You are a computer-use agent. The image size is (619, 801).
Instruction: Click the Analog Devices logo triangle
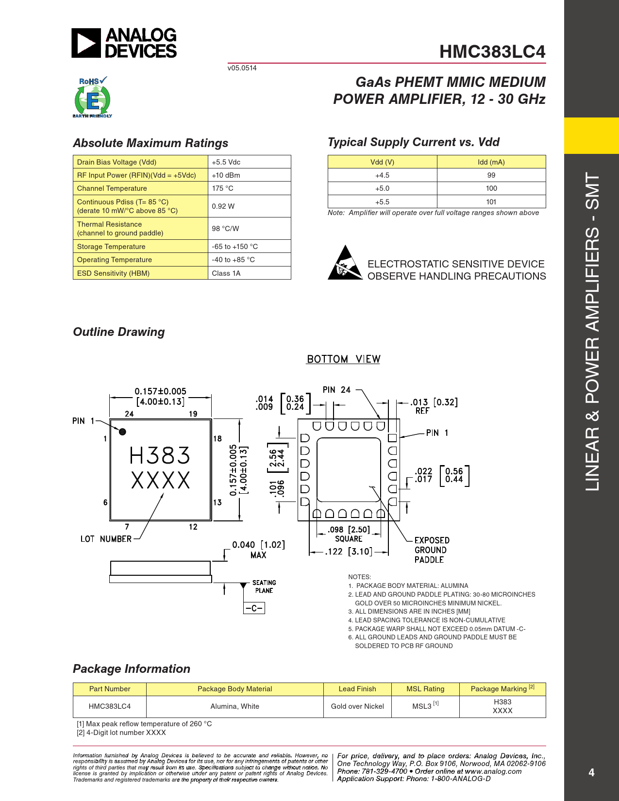[86, 43]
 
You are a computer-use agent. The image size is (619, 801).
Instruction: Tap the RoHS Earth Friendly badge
[92, 98]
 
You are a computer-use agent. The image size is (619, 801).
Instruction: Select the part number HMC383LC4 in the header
[492, 52]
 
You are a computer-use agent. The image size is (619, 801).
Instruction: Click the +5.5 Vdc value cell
[226, 162]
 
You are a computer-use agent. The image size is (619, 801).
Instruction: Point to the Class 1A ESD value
[226, 273]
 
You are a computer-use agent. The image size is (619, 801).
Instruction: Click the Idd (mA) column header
[491, 162]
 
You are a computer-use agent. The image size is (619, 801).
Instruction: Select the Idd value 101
[491, 202]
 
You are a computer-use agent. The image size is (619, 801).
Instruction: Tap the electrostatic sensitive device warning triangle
[345, 263]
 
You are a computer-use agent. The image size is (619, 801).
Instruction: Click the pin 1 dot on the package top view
[122, 432]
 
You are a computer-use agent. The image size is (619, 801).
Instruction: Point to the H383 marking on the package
[160, 456]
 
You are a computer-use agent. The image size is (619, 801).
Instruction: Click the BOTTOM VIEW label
[343, 359]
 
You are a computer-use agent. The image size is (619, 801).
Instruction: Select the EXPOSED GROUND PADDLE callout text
[432, 550]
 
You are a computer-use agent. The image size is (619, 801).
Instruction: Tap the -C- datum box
[254, 608]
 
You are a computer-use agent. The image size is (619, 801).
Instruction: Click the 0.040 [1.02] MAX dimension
[258, 550]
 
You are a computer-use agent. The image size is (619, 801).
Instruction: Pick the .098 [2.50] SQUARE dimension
[349, 534]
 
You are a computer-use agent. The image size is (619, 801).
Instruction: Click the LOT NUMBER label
[106, 539]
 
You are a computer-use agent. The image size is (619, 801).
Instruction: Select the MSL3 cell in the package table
[425, 706]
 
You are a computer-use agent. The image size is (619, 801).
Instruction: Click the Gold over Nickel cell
[357, 706]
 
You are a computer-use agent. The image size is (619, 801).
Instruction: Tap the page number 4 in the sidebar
[591, 772]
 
